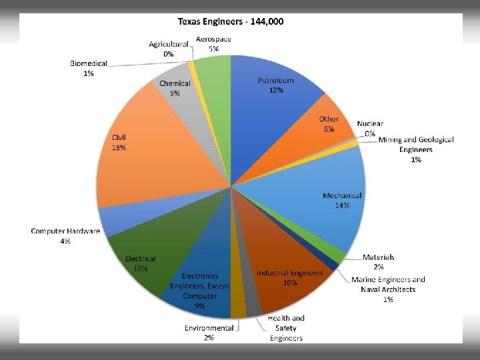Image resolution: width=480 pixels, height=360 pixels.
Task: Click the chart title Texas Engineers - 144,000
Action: click(x=231, y=21)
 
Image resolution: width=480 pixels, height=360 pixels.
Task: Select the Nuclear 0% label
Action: click(x=370, y=128)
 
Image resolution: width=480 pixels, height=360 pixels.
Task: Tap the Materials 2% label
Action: click(x=378, y=261)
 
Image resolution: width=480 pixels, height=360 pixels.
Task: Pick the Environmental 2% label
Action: click(x=209, y=333)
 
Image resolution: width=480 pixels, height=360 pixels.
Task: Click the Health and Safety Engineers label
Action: click(x=287, y=328)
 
